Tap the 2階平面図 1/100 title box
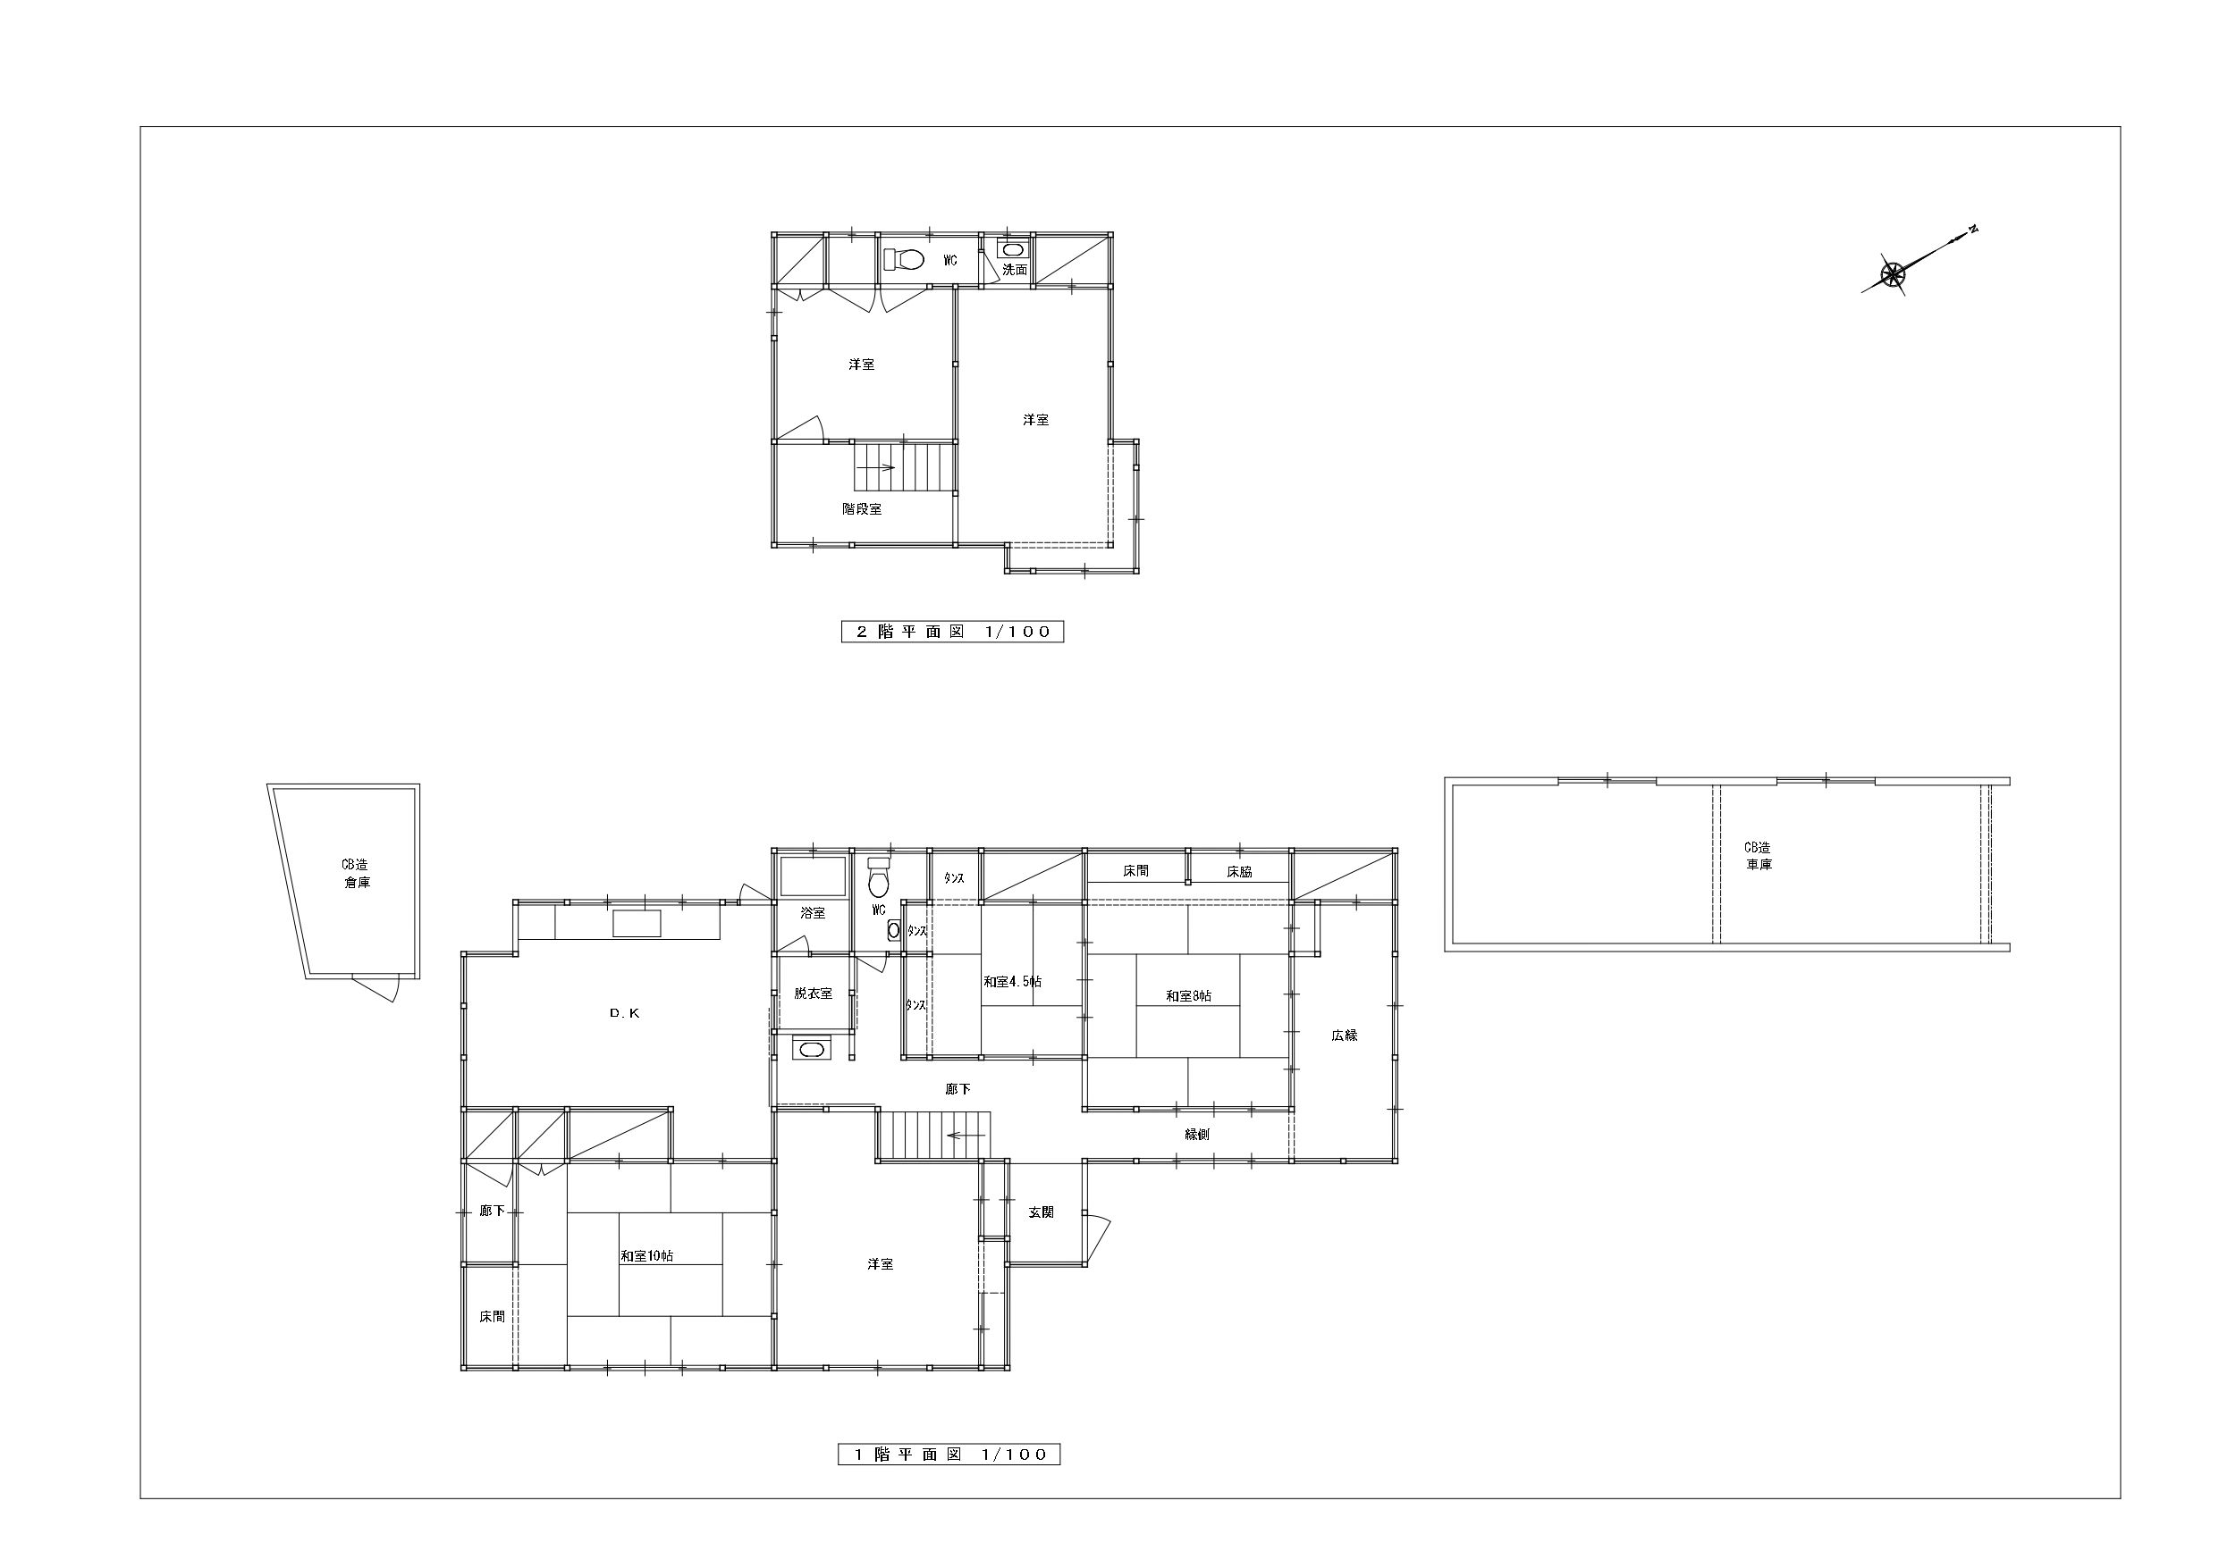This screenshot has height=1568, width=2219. click(x=952, y=632)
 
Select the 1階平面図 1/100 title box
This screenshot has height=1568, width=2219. click(x=949, y=1481)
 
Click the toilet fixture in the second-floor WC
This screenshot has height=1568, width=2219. click(x=904, y=260)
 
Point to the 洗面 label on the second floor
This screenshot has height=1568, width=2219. click(x=1015, y=271)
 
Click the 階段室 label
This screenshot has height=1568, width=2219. click(x=862, y=509)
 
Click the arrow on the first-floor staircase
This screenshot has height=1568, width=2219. click(x=966, y=1136)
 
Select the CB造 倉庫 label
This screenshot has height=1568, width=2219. click(x=356, y=874)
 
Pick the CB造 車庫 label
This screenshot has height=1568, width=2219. click(x=1759, y=856)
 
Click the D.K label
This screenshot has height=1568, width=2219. click(x=624, y=1013)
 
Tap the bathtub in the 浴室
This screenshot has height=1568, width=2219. click(x=813, y=876)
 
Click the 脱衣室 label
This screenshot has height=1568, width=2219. click(x=813, y=994)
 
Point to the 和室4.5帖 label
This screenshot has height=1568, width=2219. click(x=1013, y=982)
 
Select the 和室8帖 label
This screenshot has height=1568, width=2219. click(x=1189, y=996)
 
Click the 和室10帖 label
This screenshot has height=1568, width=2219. click(x=646, y=1257)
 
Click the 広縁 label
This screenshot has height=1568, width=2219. click(x=1345, y=1035)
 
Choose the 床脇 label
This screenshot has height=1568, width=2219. click(x=1240, y=871)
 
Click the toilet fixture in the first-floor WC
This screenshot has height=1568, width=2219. click(x=879, y=878)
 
